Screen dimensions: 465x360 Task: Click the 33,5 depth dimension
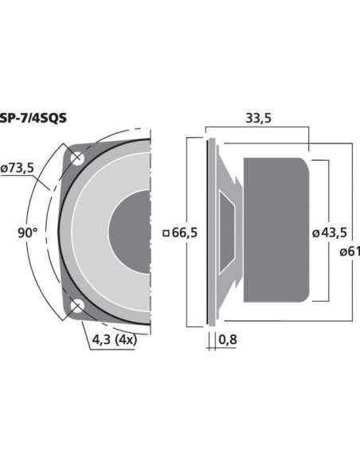tap(256, 119)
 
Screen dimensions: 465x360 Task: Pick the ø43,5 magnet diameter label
tap(329, 232)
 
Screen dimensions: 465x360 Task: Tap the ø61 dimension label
tap(347, 252)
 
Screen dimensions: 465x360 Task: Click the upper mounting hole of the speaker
tap(77, 158)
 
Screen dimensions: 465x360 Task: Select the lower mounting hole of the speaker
tap(77, 307)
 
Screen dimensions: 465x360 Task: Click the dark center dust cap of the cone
tap(131, 232)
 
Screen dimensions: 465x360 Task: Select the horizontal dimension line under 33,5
tap(256, 127)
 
